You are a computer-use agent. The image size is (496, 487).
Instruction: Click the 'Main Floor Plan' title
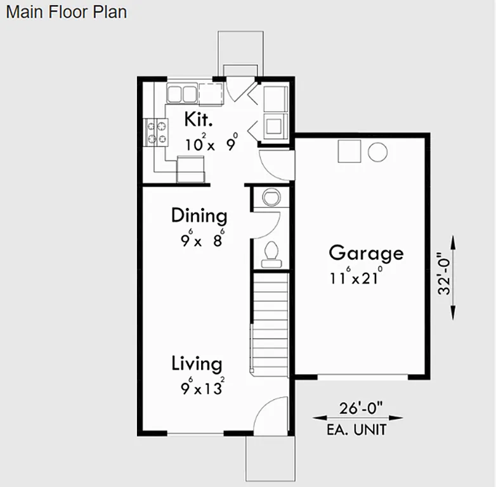point(66,12)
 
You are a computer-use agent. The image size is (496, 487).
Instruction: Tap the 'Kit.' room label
point(198,119)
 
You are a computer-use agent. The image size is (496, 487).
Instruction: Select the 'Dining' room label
point(199,216)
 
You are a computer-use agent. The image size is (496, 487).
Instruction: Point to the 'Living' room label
point(197,364)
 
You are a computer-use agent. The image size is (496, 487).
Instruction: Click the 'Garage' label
point(366,253)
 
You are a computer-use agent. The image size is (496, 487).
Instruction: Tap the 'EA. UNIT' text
point(357,430)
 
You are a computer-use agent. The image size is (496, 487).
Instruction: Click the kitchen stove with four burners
point(157,132)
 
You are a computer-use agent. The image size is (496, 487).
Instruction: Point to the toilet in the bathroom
point(271,252)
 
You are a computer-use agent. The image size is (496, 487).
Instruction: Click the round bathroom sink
point(270,197)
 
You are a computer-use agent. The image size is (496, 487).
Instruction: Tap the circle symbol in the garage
point(377,152)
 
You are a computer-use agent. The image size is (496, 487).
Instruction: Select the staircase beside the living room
point(271,323)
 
